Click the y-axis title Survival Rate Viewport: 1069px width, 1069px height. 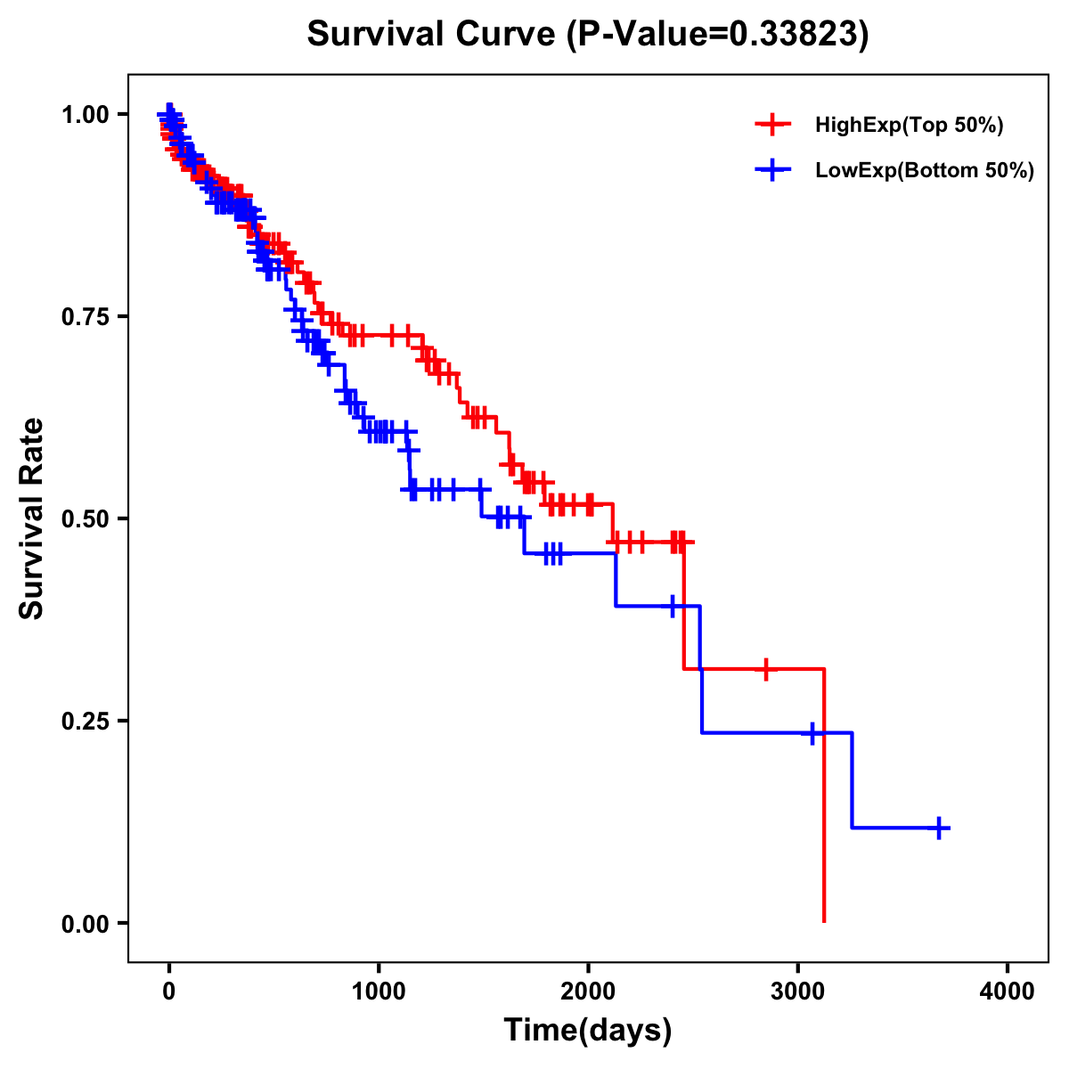coord(32,518)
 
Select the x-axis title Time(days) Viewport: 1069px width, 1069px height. coord(588,1031)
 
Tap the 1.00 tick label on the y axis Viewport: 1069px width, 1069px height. coord(86,114)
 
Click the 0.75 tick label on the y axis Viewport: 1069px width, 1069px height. coord(86,316)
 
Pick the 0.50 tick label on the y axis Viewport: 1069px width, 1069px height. coord(86,518)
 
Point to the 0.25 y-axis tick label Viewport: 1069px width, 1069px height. coord(86,721)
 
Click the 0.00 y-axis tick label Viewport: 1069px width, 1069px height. coord(86,923)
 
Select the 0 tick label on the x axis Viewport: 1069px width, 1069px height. coord(169,991)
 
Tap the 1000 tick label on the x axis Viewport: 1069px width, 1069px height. coord(379,991)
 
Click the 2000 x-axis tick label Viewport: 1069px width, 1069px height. coord(588,991)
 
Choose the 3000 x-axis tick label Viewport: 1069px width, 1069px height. coord(797,991)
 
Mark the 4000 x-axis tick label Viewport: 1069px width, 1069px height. coord(1008,991)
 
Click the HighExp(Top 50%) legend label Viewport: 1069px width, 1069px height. coord(910,126)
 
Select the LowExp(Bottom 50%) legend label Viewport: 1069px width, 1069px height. coord(925,170)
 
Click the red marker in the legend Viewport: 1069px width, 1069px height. coord(772,125)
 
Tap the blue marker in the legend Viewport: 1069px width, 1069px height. coord(772,169)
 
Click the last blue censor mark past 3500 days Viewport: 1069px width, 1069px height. coord(939,828)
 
